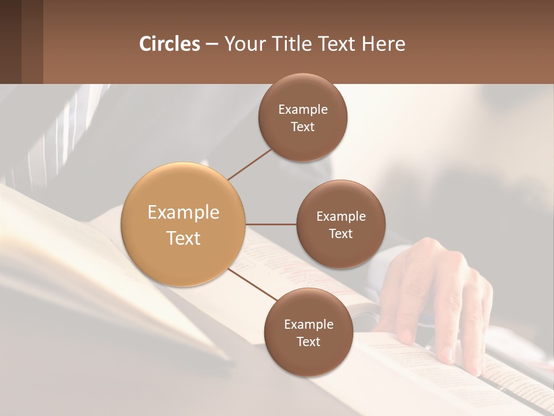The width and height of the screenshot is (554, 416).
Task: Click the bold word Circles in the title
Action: pos(169,44)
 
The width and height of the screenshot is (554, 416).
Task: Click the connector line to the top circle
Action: pos(249,164)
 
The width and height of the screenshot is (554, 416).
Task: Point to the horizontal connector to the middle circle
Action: pos(271,224)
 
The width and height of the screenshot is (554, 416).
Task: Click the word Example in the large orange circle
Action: pos(183,213)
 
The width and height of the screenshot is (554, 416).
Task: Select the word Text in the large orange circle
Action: pos(183,238)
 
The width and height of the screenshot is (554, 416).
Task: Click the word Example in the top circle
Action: pos(302,110)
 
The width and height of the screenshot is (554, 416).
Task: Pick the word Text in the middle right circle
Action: pos(340,234)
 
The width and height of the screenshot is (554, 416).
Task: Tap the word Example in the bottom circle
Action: pos(308,325)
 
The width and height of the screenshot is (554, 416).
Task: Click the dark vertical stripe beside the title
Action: pos(32,42)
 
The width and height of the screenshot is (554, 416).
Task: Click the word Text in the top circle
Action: pos(302,127)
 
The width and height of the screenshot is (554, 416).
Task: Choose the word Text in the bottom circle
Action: pos(308,342)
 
